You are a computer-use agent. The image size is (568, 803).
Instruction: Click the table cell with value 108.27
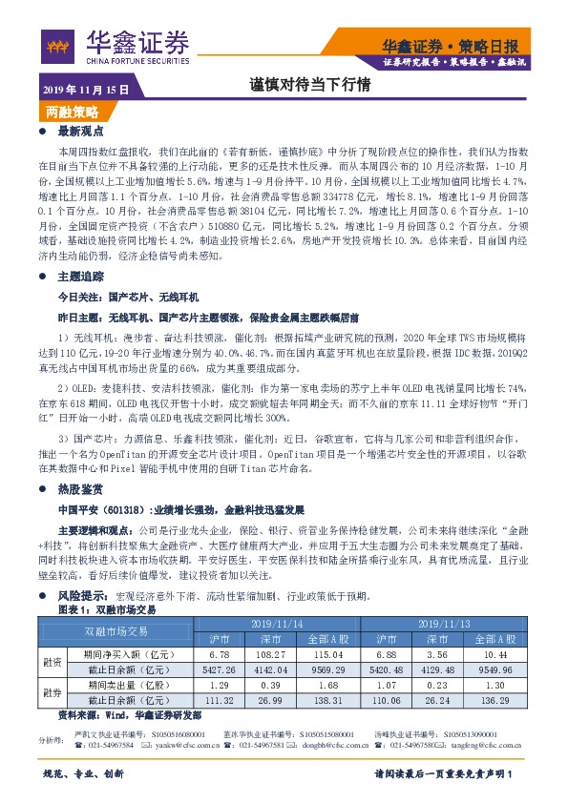pos(274,656)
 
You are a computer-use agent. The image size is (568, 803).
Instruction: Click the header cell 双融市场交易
pos(115,631)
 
